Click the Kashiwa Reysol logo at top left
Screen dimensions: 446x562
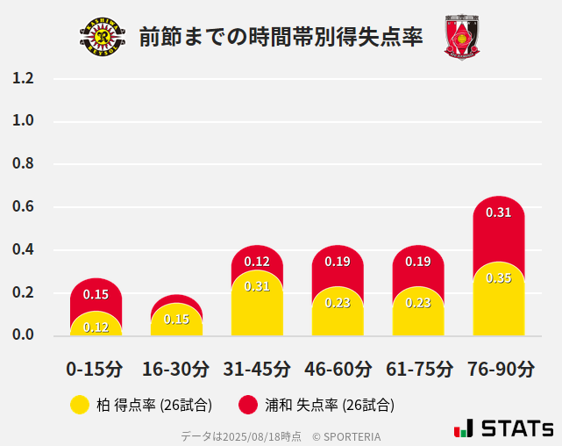point(103,37)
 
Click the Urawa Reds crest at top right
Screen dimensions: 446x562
point(462,37)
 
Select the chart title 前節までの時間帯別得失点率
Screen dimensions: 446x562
point(281,37)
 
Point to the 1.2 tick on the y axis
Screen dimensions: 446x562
point(23,79)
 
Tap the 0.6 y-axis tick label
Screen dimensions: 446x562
point(23,207)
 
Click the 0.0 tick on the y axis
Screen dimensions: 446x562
point(23,334)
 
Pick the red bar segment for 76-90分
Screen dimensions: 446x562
point(498,233)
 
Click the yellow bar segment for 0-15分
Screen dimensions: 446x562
point(96,325)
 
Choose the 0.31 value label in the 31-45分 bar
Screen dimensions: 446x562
point(257,286)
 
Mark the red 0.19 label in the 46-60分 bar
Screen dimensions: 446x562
point(338,262)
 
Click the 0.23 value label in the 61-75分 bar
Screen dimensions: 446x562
point(418,303)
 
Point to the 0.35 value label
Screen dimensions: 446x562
point(498,278)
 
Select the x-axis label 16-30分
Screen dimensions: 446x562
point(176,369)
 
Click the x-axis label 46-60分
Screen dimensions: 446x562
point(338,369)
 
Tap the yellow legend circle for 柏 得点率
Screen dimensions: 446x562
point(80,405)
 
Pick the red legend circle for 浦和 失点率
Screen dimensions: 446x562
point(248,405)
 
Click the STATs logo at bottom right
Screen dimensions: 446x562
point(504,428)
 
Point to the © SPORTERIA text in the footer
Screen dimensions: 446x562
point(346,435)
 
